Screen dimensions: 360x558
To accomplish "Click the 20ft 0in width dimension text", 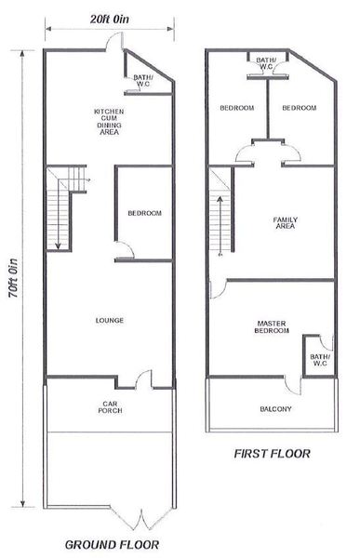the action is tap(110, 20).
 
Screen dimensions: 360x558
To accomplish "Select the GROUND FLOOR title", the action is tap(113, 544).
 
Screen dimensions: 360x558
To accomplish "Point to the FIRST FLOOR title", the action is tap(272, 454).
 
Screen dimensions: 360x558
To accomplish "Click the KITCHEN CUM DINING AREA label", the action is tap(109, 122).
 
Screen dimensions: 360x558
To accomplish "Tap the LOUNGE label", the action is tap(110, 320).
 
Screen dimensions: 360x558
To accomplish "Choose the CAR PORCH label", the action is tap(110, 407).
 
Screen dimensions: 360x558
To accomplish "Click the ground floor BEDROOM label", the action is tap(144, 213).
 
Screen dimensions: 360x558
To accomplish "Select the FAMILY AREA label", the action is tap(286, 223).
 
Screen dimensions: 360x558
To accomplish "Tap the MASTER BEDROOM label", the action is tap(272, 327).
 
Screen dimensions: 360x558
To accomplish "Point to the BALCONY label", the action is tap(275, 409).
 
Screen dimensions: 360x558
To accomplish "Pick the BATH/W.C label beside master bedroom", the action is tap(320, 360).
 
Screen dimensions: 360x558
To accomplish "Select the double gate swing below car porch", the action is tap(141, 520).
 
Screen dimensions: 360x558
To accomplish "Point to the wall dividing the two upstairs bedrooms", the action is tap(267, 109).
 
